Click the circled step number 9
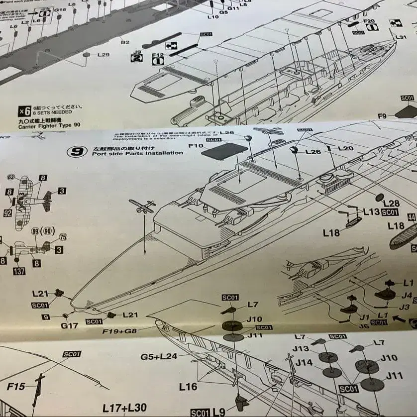(77, 151)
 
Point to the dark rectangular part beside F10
(224, 151)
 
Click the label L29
(103, 55)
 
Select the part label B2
(125, 42)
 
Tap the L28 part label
(392, 203)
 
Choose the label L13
(371, 211)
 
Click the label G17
(70, 325)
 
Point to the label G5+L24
(158, 356)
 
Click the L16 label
(188, 386)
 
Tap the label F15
(16, 386)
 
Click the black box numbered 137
(19, 271)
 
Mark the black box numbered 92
(7, 213)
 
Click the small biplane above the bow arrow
(142, 206)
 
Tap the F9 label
(382, 116)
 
